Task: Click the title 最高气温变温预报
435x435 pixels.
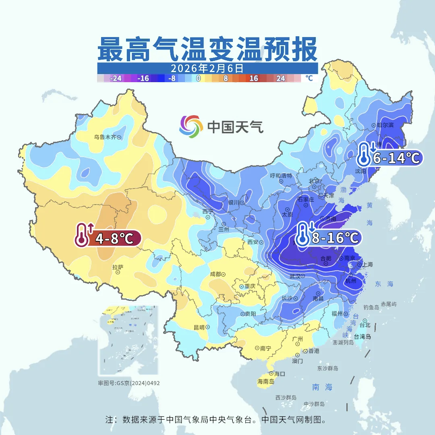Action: pos(207,49)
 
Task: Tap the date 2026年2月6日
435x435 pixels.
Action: pos(207,68)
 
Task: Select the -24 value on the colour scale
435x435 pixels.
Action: pos(116,79)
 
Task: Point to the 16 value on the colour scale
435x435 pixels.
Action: pos(253,79)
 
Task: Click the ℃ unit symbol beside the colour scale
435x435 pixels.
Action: pos(309,78)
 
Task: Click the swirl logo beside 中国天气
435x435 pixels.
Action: pos(191,126)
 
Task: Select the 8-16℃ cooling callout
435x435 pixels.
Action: pos(328,238)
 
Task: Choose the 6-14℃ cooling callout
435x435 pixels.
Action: pos(389,157)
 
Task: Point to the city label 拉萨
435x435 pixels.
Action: pos(118,267)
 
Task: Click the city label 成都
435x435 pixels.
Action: pos(215,274)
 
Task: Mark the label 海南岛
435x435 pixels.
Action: pos(266,381)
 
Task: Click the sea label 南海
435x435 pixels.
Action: pos(322,387)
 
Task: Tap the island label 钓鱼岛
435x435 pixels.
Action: pos(371,307)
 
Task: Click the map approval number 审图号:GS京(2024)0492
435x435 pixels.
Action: pos(128,383)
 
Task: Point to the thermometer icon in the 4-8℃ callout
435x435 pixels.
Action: pos(83,235)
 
